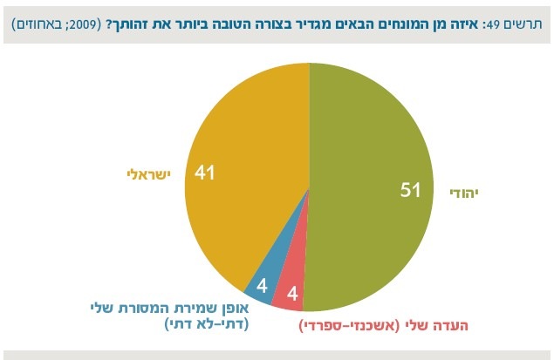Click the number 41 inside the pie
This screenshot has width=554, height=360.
[206, 173]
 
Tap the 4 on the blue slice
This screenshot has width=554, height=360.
[260, 284]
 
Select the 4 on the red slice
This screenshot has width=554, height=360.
[292, 295]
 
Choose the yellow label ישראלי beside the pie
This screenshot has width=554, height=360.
[147, 174]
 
